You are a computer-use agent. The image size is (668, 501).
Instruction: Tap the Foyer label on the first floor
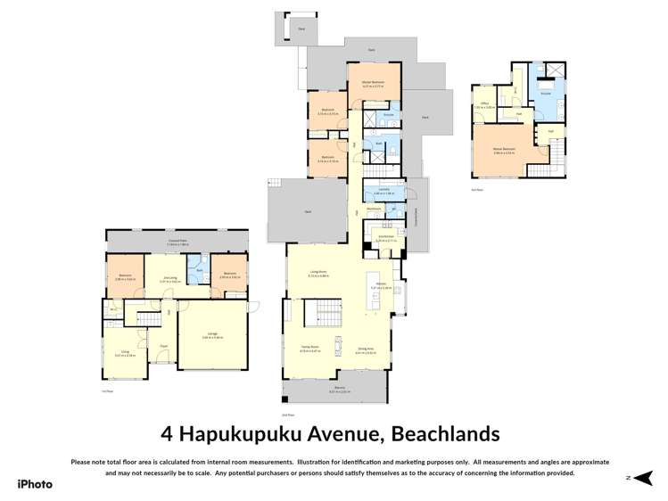[163, 346]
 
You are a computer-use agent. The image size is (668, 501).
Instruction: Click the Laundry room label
[383, 190]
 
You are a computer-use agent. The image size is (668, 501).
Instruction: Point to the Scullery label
[385, 238]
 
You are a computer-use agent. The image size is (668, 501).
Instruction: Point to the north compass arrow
[645, 478]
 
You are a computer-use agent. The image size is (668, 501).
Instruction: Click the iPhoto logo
[34, 484]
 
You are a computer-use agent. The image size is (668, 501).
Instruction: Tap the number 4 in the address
[167, 434]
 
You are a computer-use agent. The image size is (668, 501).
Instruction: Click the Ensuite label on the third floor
[545, 92]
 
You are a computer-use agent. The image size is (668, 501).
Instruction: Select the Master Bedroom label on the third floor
[504, 148]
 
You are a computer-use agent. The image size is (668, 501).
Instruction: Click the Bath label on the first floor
[199, 269]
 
